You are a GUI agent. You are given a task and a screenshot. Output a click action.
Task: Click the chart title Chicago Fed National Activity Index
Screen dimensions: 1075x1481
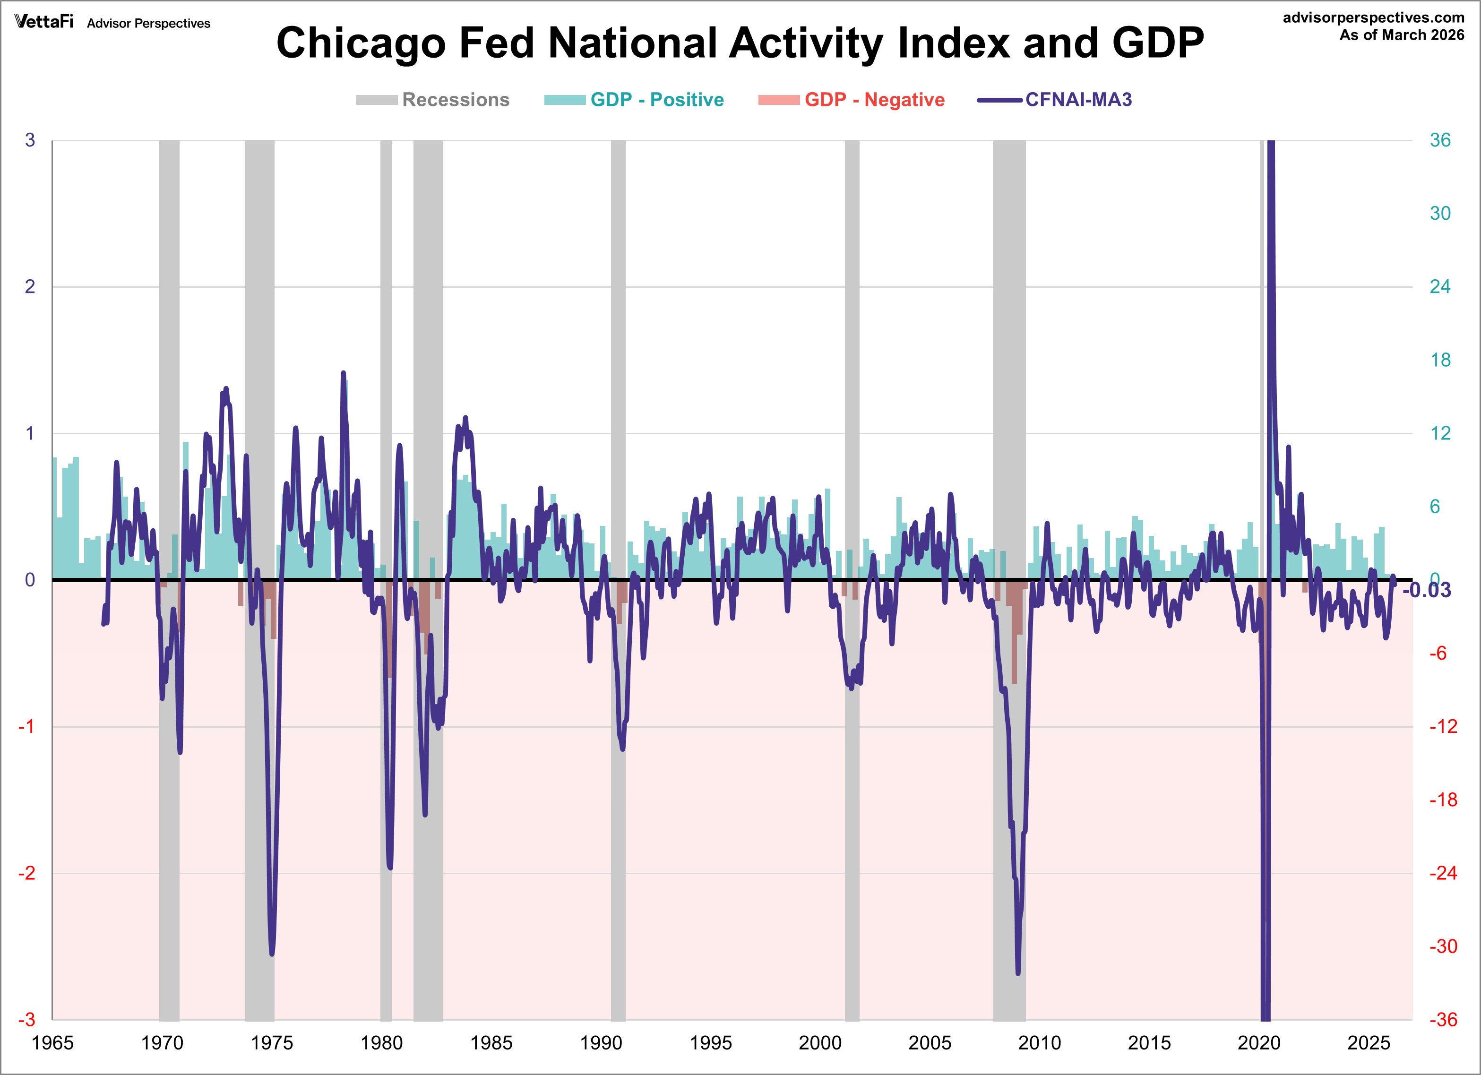click(x=740, y=43)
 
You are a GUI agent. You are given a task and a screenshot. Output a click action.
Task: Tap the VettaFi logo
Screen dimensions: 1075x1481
click(x=44, y=22)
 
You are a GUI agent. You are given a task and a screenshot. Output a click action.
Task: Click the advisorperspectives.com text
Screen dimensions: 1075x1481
click(x=1373, y=17)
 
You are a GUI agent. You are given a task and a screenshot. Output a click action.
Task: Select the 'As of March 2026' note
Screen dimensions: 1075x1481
click(x=1401, y=35)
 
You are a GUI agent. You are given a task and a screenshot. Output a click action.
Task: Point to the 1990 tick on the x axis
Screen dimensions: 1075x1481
click(x=601, y=1042)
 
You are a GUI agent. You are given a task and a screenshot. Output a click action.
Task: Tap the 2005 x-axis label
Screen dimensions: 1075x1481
click(x=930, y=1042)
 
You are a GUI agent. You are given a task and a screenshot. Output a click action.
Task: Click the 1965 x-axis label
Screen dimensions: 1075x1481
click(x=52, y=1042)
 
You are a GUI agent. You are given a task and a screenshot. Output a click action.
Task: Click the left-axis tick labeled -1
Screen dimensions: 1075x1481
click(x=26, y=727)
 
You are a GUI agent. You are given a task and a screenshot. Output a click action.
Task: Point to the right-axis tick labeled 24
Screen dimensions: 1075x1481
click(x=1440, y=287)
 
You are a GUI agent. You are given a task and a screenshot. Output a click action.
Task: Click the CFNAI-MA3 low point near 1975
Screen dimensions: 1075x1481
click(x=272, y=954)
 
